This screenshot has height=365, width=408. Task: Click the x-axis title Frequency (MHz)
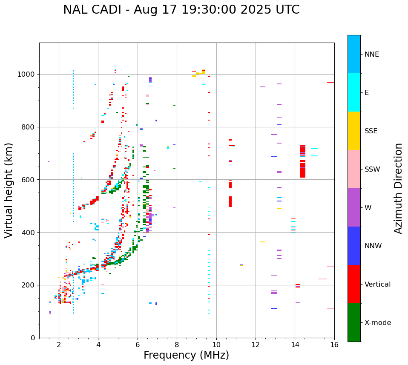[x=186, y=355]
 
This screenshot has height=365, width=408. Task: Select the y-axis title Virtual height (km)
[x=9, y=190]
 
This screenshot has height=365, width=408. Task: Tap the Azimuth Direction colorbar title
[x=398, y=188]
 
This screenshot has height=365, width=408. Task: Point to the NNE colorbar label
[x=371, y=55]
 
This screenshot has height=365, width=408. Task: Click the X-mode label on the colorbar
[x=377, y=323]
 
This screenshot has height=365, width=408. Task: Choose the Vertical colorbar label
[x=377, y=285]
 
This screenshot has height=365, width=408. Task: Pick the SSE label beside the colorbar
[x=371, y=131]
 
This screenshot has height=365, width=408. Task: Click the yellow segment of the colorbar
[x=354, y=131]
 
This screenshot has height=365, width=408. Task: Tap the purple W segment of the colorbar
[x=354, y=207]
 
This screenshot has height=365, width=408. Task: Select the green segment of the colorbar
[x=354, y=322]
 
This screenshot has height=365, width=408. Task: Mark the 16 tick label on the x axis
[x=334, y=345]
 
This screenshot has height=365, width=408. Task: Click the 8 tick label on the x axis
[x=177, y=345]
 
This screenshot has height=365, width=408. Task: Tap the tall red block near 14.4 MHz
[x=303, y=162]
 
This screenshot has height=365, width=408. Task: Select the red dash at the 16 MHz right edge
[x=330, y=82]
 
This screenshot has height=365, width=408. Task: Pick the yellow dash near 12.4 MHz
[x=263, y=242]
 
